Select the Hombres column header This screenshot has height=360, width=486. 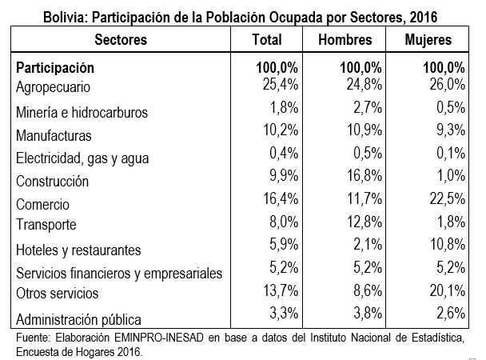click(345, 39)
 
